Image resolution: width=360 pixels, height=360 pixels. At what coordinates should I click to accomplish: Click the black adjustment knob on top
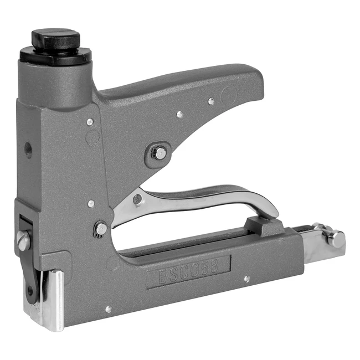point(55,38)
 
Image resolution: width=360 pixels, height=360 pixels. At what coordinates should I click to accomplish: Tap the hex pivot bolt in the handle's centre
point(159,153)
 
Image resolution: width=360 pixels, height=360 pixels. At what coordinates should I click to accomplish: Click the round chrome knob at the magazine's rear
point(337,239)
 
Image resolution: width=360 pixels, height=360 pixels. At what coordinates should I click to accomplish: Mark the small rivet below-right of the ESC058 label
point(246,279)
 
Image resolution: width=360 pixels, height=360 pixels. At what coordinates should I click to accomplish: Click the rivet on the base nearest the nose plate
point(108,309)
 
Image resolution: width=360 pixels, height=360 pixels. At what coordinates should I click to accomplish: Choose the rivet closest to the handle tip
point(211,101)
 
